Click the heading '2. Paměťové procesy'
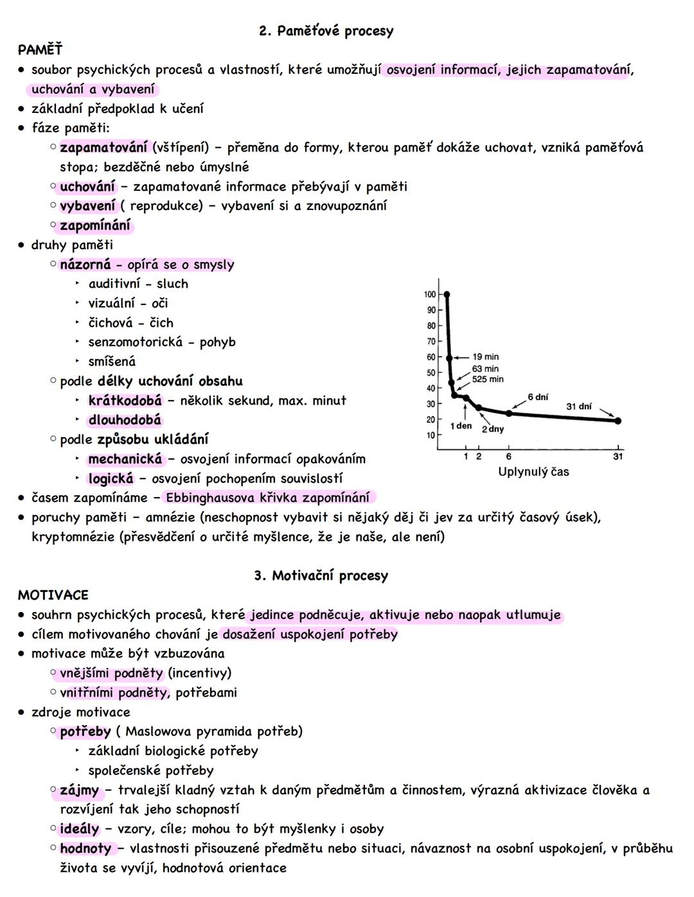pyautogui.click(x=326, y=31)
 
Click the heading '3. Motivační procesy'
pyautogui.click(x=321, y=575)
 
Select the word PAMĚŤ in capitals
pyautogui.click(x=40, y=49)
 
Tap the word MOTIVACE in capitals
pyautogui.click(x=53, y=595)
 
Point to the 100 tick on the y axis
pyautogui.click(x=430, y=295)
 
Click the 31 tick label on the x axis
pyautogui.click(x=618, y=457)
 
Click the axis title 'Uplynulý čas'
pyautogui.click(x=533, y=472)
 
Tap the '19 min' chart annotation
pyautogui.click(x=485, y=357)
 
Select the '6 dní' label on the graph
pyautogui.click(x=538, y=397)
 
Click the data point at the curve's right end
pyautogui.click(x=618, y=421)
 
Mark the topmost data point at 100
pyautogui.click(x=447, y=295)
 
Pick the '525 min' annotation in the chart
pyautogui.click(x=488, y=379)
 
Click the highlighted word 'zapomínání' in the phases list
pyautogui.click(x=95, y=225)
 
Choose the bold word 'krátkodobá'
pyautogui.click(x=125, y=401)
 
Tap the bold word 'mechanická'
pyautogui.click(x=125, y=459)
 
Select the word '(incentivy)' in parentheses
pyautogui.click(x=199, y=673)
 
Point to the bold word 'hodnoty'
pyautogui.click(x=85, y=848)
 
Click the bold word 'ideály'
pyautogui.click(x=80, y=829)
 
